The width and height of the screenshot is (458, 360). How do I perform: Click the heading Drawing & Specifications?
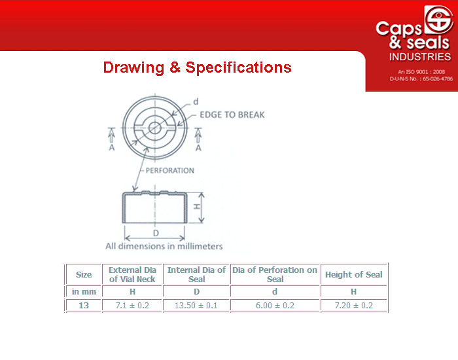click(x=197, y=67)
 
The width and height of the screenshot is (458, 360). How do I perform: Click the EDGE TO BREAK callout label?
click(x=232, y=115)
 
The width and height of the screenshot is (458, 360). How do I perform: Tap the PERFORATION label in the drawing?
click(x=169, y=170)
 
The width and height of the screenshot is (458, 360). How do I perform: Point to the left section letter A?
click(x=112, y=147)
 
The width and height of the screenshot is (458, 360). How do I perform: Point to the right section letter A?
click(x=198, y=148)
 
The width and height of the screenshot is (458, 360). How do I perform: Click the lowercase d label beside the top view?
click(x=196, y=101)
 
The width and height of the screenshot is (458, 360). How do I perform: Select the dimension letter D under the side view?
click(x=156, y=233)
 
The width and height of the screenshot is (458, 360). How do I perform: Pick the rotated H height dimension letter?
click(x=197, y=207)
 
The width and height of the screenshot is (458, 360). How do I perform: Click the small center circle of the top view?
click(x=154, y=128)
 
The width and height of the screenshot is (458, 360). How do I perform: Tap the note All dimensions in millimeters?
click(x=164, y=246)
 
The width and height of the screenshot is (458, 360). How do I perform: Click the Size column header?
click(x=84, y=275)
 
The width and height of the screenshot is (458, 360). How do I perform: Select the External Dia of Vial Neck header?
click(x=132, y=274)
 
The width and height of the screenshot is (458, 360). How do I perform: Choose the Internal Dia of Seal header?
click(x=196, y=274)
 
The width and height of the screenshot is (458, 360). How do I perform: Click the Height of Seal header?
click(x=354, y=275)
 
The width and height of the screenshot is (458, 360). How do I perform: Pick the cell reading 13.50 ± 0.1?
click(x=196, y=306)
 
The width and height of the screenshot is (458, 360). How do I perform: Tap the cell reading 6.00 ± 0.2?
click(x=275, y=306)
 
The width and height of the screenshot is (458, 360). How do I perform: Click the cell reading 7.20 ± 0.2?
click(x=354, y=306)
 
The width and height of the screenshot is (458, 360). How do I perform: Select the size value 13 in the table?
click(x=84, y=306)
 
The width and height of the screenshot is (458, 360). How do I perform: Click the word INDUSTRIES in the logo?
click(x=420, y=57)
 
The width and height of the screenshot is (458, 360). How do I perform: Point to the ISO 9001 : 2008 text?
click(x=421, y=71)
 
